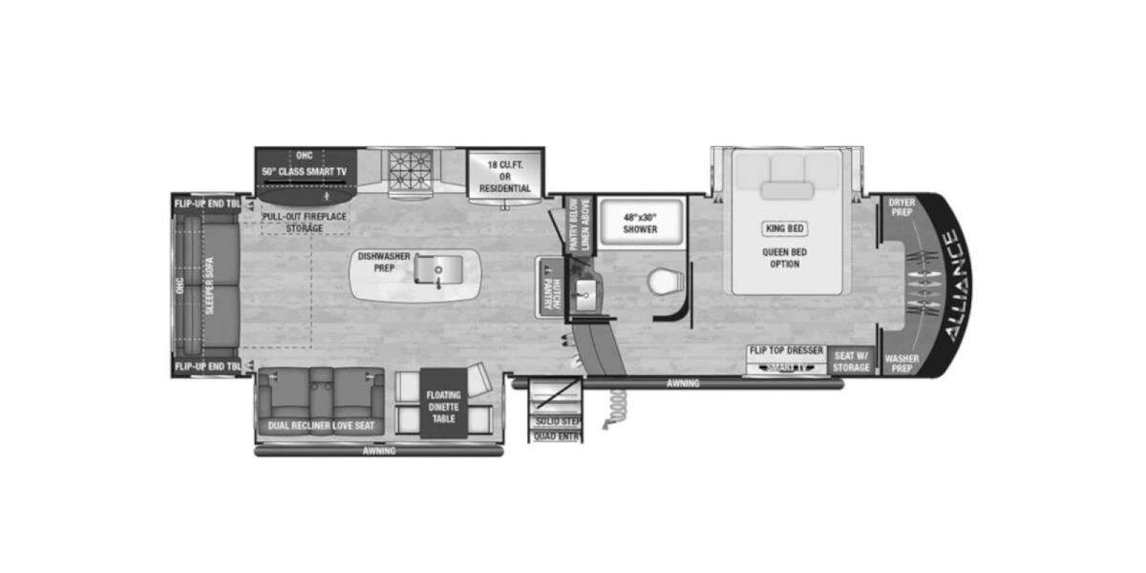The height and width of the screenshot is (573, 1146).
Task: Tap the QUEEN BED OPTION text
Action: (x=781, y=258)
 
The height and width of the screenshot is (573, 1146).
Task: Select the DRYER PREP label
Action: (x=902, y=207)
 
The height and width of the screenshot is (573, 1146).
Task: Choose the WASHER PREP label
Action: (x=902, y=364)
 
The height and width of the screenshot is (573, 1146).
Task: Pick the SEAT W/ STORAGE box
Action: (x=851, y=361)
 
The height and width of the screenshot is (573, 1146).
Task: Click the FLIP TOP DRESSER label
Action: (x=787, y=351)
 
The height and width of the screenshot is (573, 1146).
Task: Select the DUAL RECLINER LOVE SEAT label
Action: (x=319, y=426)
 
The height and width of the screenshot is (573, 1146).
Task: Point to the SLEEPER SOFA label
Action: (x=208, y=286)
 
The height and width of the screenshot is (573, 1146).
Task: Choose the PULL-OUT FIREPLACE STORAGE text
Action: (x=304, y=222)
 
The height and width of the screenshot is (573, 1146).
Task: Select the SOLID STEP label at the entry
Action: (x=559, y=421)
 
